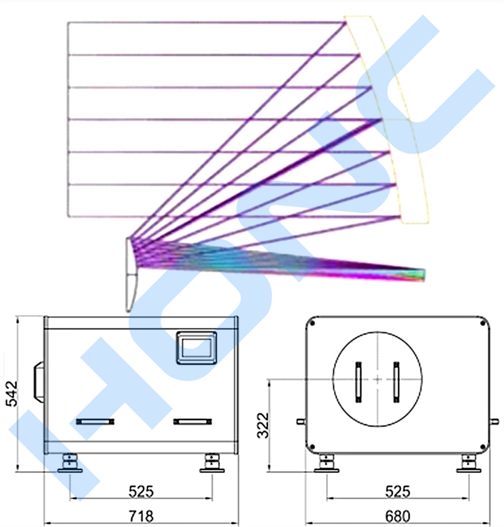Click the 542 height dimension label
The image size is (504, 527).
(12, 394)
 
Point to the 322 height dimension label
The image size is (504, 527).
(263, 426)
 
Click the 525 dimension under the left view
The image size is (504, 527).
(141, 491)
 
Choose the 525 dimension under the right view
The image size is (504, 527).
(397, 491)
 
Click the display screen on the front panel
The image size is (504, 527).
(197, 348)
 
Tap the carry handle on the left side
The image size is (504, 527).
(39, 382)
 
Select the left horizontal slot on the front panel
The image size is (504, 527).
(95, 422)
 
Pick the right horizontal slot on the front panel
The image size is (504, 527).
(193, 422)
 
